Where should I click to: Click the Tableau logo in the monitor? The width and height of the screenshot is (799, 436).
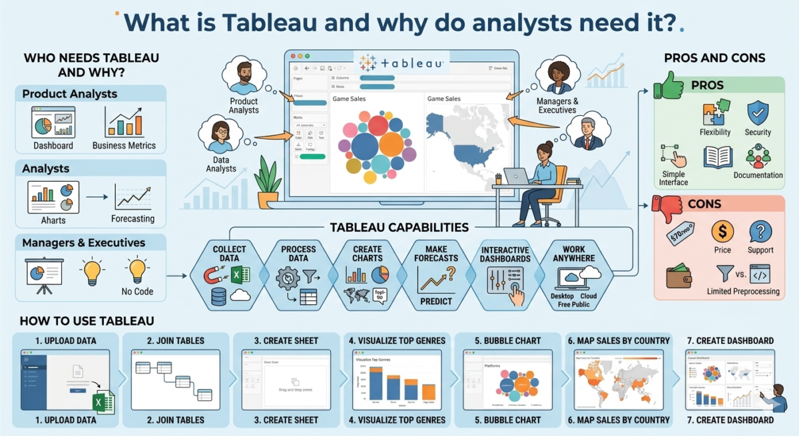401,63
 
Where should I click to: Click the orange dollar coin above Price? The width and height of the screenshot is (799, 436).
722,232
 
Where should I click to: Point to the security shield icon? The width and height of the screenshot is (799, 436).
758,112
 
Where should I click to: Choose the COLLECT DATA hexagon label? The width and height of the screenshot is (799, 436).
229,254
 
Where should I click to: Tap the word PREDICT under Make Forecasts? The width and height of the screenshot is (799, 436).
435,301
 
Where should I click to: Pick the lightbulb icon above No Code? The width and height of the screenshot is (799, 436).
137,270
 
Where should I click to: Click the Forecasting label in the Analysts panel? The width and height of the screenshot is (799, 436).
133,218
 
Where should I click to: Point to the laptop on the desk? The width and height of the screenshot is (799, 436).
516,176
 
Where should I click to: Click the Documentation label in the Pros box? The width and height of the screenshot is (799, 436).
758,175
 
